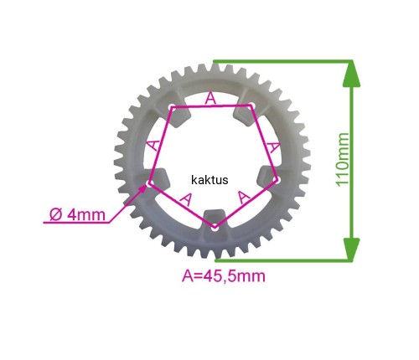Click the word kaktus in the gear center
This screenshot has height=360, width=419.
coord(209,180)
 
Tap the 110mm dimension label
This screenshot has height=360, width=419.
coord(343,160)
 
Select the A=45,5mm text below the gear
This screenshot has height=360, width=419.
coord(224,276)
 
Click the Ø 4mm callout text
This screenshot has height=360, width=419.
coord(78,215)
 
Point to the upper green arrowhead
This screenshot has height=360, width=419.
coord(351,74)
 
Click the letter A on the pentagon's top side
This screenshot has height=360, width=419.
coord(210,99)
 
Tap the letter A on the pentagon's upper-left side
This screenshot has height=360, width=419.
coord(153,145)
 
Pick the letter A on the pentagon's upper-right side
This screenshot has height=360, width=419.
coord(273,147)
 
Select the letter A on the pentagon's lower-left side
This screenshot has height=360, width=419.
coord(186,199)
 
